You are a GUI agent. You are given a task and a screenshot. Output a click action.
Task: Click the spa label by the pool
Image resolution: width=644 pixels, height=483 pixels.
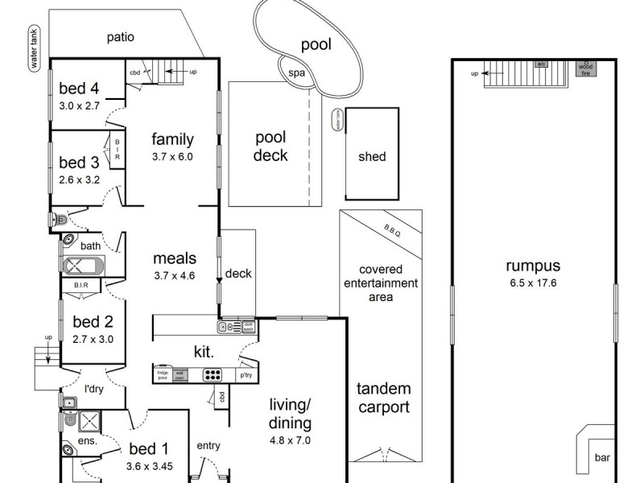297,72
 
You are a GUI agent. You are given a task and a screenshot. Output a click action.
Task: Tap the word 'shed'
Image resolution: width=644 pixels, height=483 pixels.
372,157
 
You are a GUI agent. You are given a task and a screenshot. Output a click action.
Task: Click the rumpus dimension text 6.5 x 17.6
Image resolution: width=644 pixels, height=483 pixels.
533,283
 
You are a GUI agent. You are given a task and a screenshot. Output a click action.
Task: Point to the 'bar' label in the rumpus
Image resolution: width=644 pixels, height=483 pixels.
602,457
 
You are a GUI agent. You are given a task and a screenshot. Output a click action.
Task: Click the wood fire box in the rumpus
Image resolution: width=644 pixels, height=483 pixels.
587,68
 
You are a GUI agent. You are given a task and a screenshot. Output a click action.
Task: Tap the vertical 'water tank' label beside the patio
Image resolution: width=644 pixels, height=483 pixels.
35,48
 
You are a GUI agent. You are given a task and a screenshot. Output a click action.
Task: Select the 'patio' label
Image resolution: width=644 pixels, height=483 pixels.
120,37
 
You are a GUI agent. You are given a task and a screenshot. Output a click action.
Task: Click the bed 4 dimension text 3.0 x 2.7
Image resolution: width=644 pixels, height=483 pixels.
79,105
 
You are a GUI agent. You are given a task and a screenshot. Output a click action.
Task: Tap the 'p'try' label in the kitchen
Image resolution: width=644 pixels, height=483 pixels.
245,375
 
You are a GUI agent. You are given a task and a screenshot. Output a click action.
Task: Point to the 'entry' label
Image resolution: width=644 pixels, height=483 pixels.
208,445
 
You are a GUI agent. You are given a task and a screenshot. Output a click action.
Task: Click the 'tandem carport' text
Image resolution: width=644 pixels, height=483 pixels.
382,398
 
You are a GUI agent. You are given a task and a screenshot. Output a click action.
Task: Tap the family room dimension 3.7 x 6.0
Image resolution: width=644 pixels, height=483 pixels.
172,157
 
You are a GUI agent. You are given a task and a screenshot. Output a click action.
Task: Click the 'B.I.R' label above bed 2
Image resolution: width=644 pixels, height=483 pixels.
80,284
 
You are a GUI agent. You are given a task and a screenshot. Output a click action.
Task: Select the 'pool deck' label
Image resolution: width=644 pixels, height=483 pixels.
270,147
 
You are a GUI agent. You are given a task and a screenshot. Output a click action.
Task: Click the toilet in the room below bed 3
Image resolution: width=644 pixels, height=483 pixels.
57,219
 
